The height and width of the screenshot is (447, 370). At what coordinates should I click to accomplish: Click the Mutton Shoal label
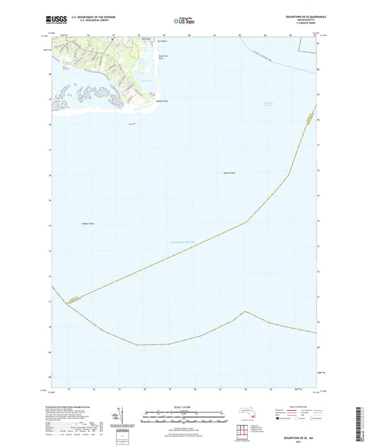coord(230,172)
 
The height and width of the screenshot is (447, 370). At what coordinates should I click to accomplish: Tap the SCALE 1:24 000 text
coord(185,407)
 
